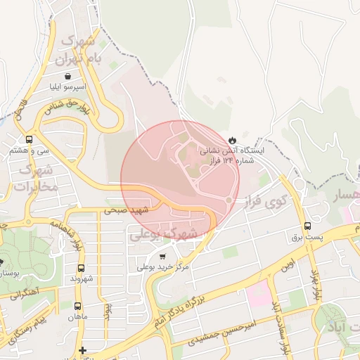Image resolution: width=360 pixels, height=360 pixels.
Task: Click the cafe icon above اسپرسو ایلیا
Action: coord(67,77)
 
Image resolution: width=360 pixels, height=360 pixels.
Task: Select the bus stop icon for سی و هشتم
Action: coord(28,139)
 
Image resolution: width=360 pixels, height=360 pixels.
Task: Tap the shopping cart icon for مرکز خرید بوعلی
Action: coord(163,257)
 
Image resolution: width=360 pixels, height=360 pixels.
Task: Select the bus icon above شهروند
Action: coord(81,269)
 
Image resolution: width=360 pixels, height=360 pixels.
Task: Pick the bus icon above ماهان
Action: coord(77,306)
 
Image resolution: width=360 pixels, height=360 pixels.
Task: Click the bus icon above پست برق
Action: coord(307,226)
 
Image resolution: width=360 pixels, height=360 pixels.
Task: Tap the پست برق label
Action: coord(308,238)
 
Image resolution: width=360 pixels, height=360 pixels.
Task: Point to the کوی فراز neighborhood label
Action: coord(263,201)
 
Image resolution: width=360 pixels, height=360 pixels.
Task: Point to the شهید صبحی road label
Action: coord(127,210)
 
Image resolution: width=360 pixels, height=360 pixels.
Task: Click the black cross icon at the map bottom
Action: coord(82,349)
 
